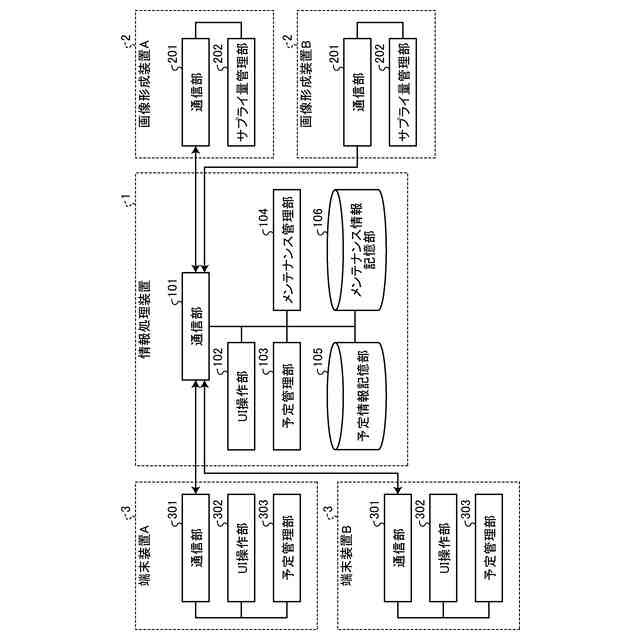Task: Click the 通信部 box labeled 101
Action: point(196,325)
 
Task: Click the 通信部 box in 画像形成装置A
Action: point(196,93)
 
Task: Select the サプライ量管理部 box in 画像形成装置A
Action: point(241,93)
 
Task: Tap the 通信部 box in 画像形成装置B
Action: point(359,93)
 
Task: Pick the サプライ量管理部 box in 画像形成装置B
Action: point(404,93)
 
